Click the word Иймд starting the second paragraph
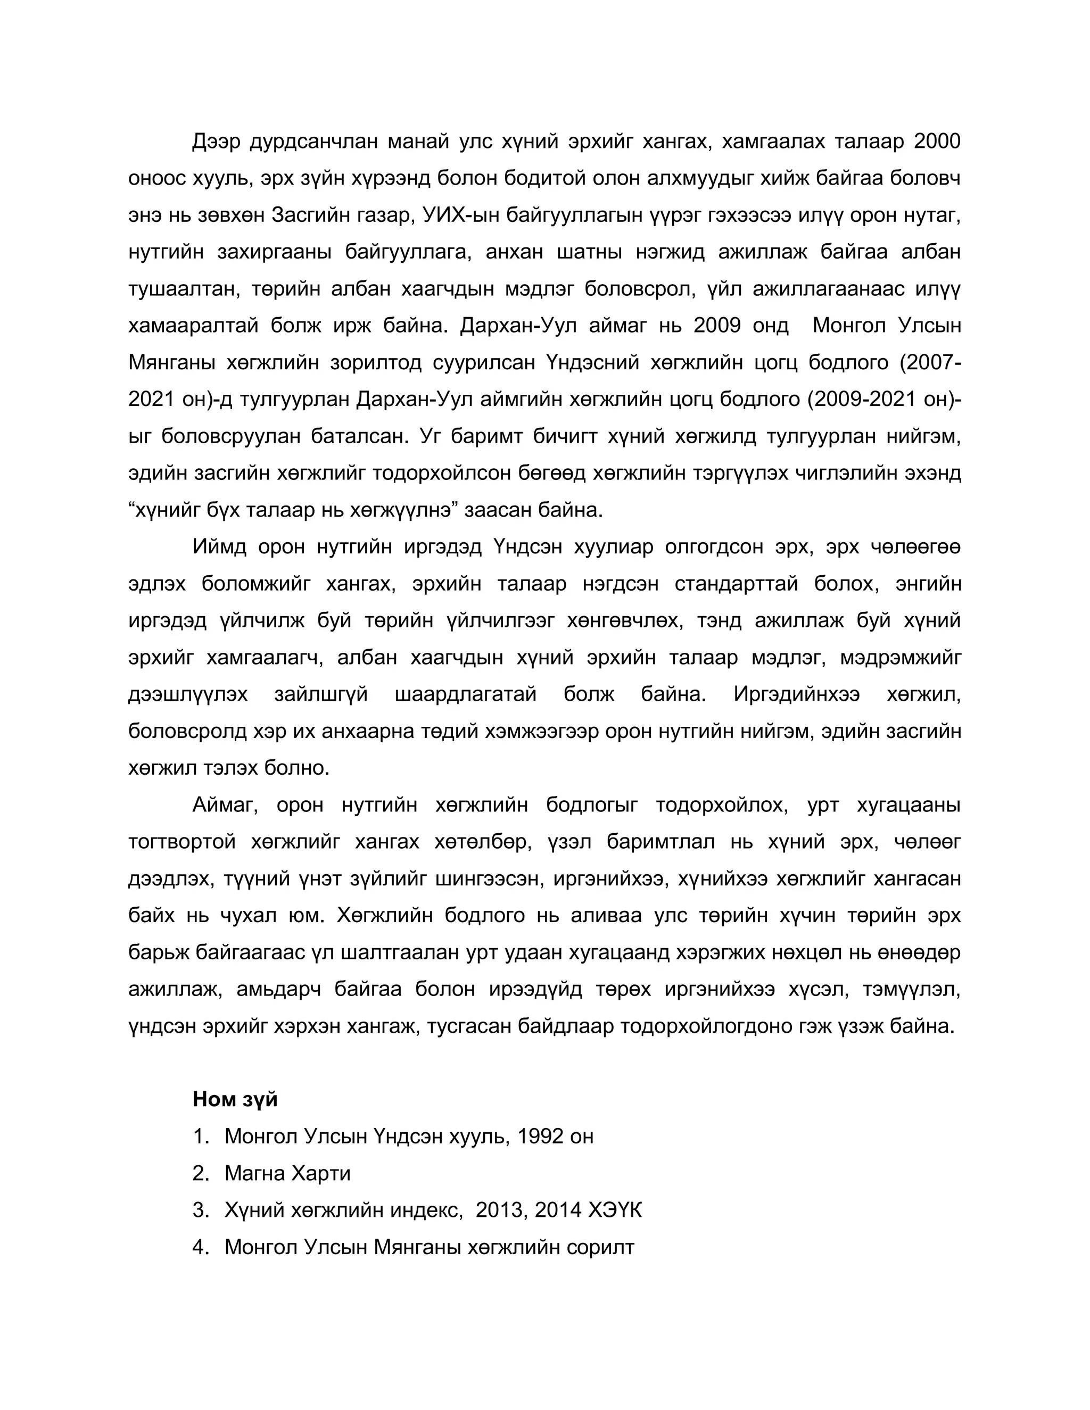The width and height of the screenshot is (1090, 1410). pyautogui.click(x=220, y=547)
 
